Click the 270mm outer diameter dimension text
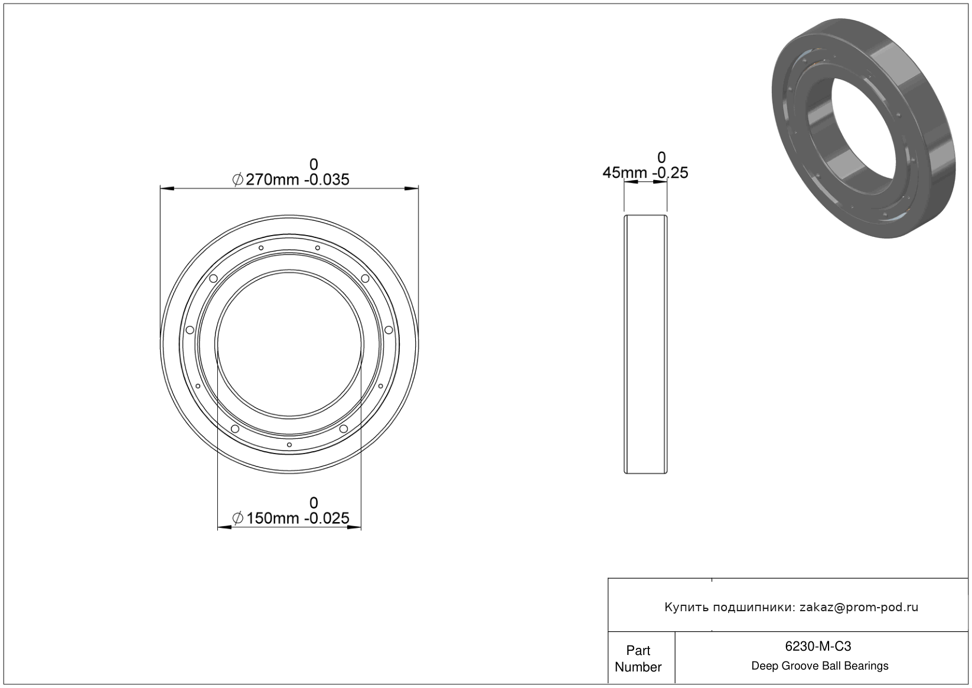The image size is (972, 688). coord(272,180)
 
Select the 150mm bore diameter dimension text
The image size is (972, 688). coord(272,518)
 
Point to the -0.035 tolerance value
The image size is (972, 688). coord(327,180)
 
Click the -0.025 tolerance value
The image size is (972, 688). coord(327,518)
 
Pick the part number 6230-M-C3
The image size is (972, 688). coord(818,646)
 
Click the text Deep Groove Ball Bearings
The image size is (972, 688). coord(820,666)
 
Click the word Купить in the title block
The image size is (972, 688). coord(686,607)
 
